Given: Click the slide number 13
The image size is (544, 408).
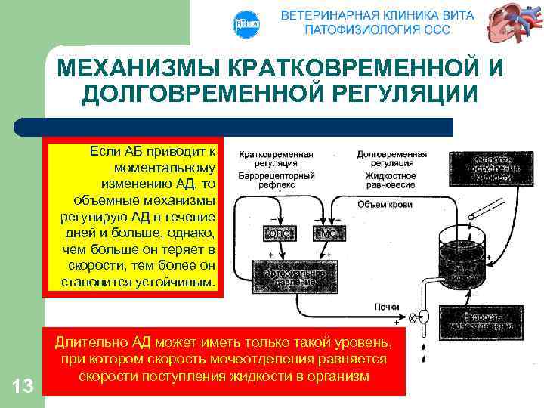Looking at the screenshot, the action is point(23,387).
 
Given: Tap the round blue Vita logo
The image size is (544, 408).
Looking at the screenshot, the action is point(247,24).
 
